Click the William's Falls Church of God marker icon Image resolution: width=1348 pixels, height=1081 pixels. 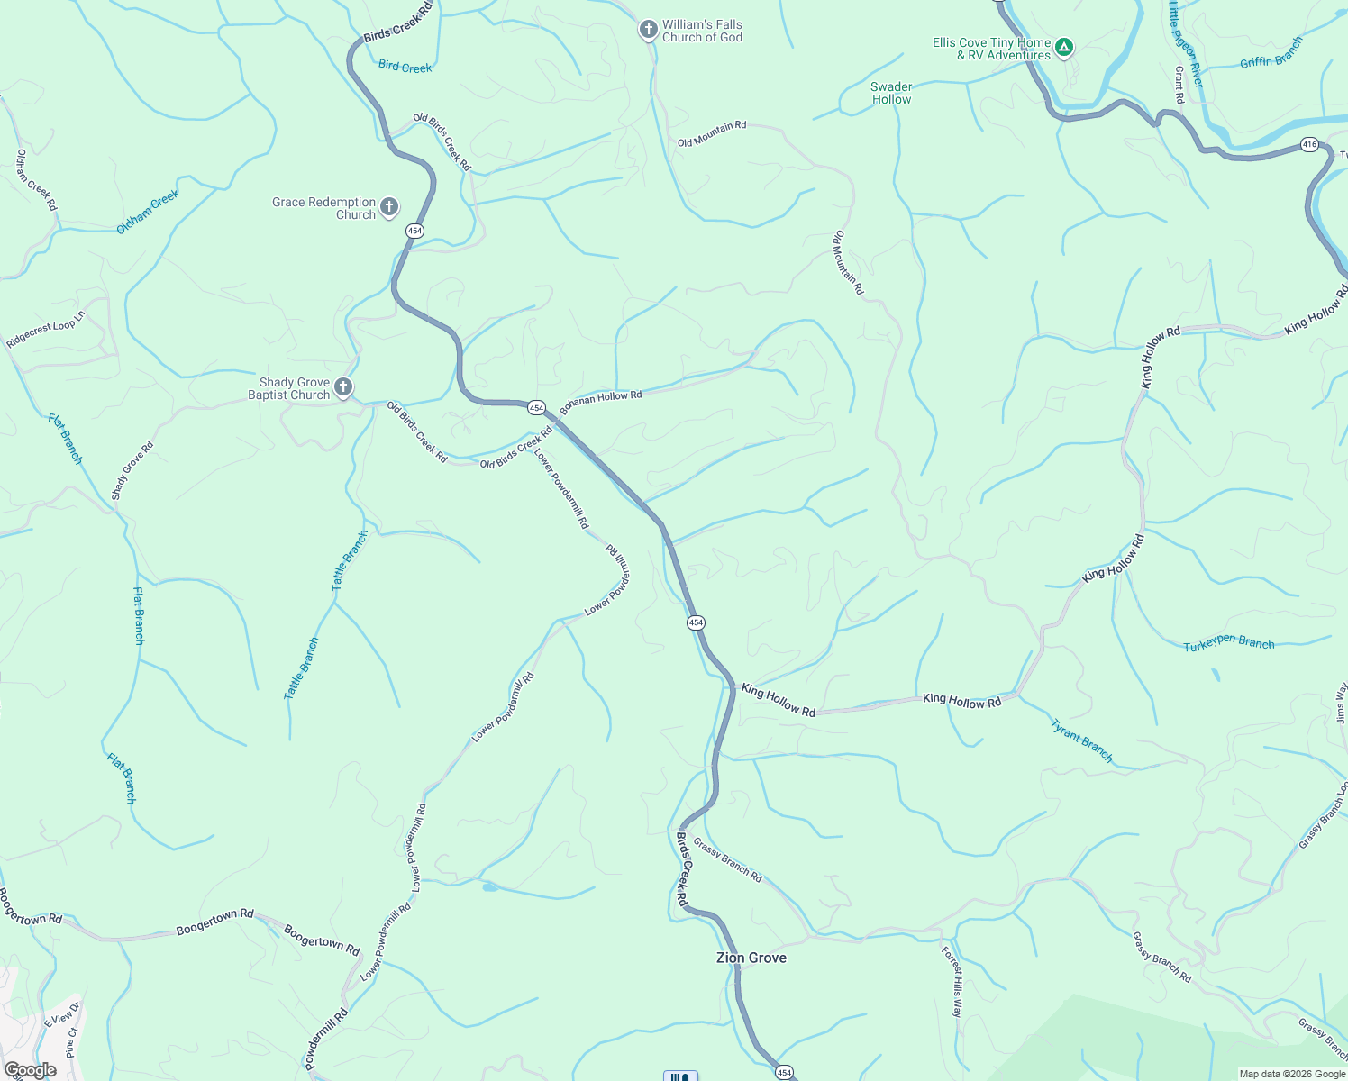[x=648, y=31]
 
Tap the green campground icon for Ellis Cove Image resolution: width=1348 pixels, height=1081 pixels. [x=1064, y=48]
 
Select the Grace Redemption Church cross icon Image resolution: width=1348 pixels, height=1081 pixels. [x=389, y=208]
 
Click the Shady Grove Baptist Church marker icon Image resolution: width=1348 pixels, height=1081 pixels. [x=343, y=388]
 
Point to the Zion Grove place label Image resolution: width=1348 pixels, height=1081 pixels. [x=751, y=958]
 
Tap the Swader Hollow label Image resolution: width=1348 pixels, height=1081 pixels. [x=891, y=93]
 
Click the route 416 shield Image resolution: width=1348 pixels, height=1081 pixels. [x=1309, y=144]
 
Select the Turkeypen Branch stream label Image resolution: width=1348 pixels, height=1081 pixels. [x=1229, y=643]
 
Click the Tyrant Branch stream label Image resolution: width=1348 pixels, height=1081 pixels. [x=1082, y=740]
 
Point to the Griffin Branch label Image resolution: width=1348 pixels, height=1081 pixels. [x=1271, y=54]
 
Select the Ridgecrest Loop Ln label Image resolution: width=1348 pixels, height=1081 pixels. [x=45, y=330]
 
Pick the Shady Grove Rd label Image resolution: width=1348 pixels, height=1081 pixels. [x=132, y=470]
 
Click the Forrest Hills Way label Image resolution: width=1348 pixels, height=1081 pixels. [x=952, y=982]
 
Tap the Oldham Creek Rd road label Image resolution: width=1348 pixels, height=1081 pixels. [x=36, y=180]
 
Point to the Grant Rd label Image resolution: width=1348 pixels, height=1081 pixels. [x=1179, y=85]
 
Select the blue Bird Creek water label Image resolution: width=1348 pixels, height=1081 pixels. [x=405, y=67]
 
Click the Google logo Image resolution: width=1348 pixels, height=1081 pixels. [x=30, y=1070]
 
